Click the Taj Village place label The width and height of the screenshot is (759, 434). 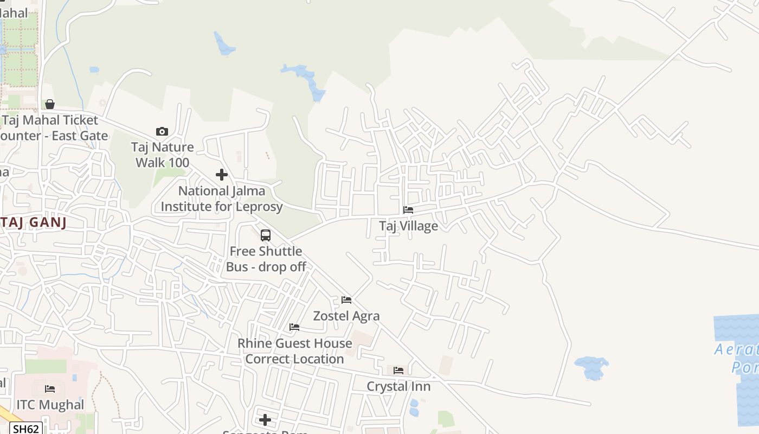tap(408, 226)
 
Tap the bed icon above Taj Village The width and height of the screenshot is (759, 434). tap(408, 210)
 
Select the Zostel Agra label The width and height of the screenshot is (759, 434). tap(346, 316)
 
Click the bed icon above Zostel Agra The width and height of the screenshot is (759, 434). tap(346, 300)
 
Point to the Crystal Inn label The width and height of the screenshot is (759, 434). tap(398, 386)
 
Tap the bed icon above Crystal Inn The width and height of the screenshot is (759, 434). tap(398, 371)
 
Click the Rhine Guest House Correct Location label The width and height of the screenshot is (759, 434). tap(294, 351)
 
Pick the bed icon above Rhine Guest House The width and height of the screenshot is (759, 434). tap(294, 327)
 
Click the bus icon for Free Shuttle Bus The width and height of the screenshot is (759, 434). tap(266, 235)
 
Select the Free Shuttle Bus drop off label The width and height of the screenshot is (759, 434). tap(266, 259)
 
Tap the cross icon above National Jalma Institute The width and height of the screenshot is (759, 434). tap(222, 175)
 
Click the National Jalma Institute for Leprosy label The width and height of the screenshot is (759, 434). tap(222, 199)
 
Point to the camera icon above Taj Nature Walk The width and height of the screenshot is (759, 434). tap(162, 131)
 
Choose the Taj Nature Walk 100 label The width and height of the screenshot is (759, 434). tap(162, 155)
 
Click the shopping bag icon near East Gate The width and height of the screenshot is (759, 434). tap(50, 104)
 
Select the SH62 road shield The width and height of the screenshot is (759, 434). tap(26, 429)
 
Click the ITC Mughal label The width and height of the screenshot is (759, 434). tap(50, 405)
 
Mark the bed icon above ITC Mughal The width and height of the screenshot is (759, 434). tap(50, 389)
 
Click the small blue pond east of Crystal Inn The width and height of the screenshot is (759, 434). tap(591, 367)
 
